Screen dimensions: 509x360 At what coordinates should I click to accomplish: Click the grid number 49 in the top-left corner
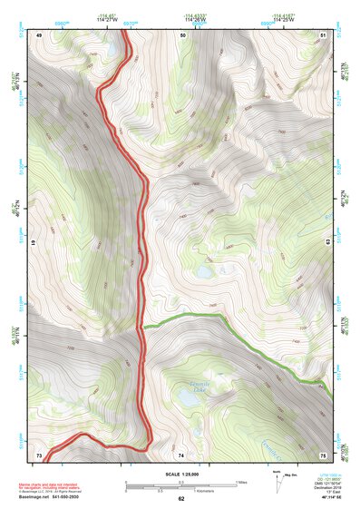tap(40, 34)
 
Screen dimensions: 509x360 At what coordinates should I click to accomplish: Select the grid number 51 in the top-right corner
tap(324, 34)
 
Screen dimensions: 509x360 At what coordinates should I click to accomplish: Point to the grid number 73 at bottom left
tap(39, 454)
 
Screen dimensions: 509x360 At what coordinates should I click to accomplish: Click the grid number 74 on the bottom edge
tap(181, 454)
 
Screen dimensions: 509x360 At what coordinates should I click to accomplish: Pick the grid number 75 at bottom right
tap(323, 454)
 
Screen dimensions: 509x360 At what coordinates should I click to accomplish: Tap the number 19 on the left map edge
tap(34, 244)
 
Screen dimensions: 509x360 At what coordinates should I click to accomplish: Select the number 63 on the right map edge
tap(327, 244)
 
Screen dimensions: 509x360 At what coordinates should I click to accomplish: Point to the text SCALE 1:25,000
tap(180, 475)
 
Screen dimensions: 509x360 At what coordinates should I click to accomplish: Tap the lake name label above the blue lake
tap(190, 382)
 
